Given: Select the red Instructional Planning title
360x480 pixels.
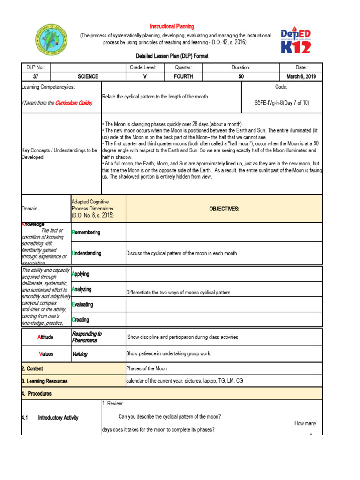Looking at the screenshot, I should point(172,27).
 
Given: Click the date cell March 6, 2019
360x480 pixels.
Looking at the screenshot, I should point(301,76).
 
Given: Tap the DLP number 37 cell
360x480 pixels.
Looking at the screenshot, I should point(36,76).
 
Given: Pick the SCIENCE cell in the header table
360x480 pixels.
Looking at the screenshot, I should point(88,76).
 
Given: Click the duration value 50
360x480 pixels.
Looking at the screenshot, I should point(241,76).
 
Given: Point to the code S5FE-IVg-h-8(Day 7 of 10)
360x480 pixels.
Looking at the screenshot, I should point(281,103).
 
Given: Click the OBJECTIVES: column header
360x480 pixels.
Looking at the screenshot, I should point(224,209).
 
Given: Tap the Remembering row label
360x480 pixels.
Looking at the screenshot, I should point(86,232).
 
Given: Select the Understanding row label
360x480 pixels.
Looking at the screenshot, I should point(86,253).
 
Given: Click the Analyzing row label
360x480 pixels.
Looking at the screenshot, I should point(82,290).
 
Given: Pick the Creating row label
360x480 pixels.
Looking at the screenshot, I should point(80,320).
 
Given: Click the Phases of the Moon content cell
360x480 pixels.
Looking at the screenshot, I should point(147,368).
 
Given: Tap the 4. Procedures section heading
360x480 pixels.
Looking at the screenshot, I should point(37,394).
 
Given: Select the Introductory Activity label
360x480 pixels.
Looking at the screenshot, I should point(58,418).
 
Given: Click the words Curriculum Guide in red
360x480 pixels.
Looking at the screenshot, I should point(73,103).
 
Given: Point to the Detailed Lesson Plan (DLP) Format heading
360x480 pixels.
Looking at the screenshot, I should point(172,56).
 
